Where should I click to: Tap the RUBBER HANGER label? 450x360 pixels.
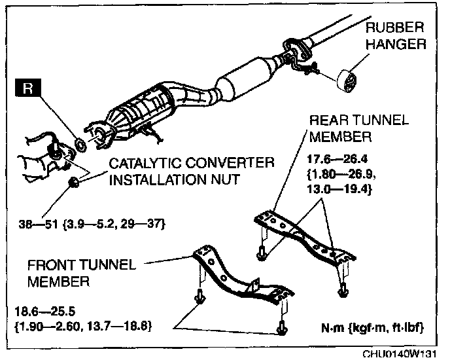click(x=394, y=37)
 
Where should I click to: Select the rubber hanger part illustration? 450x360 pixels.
click(x=348, y=80)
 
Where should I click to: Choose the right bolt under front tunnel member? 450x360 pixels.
click(x=282, y=325)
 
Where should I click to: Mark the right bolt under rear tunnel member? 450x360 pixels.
click(x=340, y=289)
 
